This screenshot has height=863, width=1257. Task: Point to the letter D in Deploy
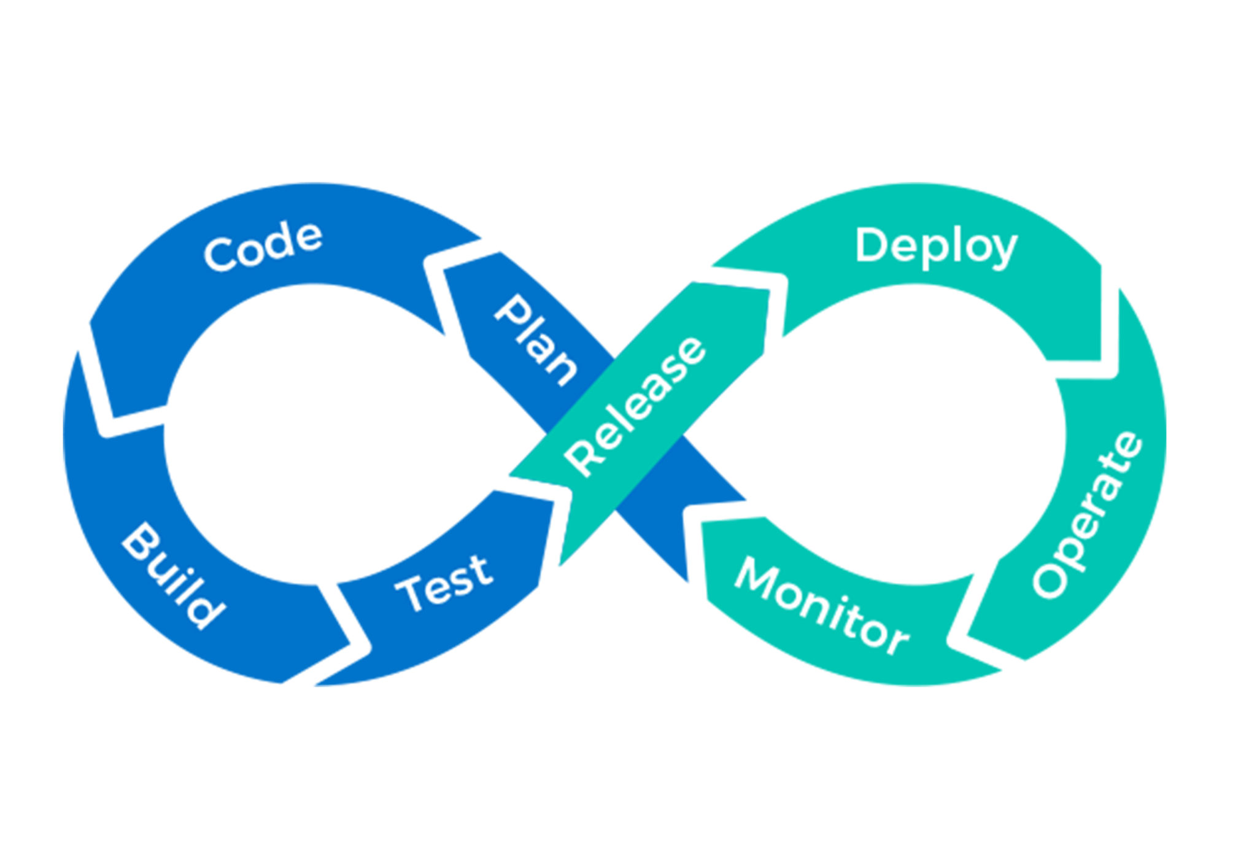(x=871, y=245)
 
